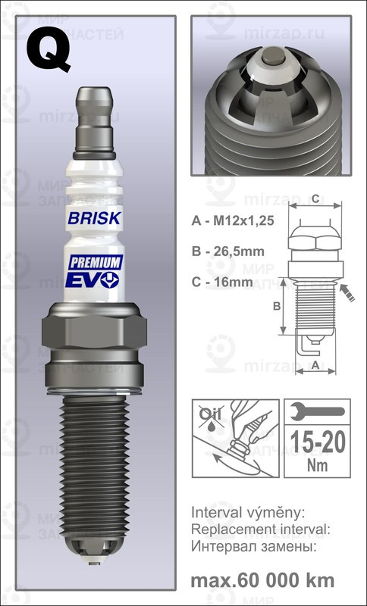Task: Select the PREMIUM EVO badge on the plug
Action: [96, 270]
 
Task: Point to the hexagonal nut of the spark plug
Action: [96, 333]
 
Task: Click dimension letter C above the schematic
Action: [314, 199]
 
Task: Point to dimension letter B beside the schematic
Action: [277, 306]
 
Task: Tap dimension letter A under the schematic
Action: [315, 365]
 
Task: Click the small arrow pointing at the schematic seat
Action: [350, 292]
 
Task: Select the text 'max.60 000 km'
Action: [262, 580]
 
